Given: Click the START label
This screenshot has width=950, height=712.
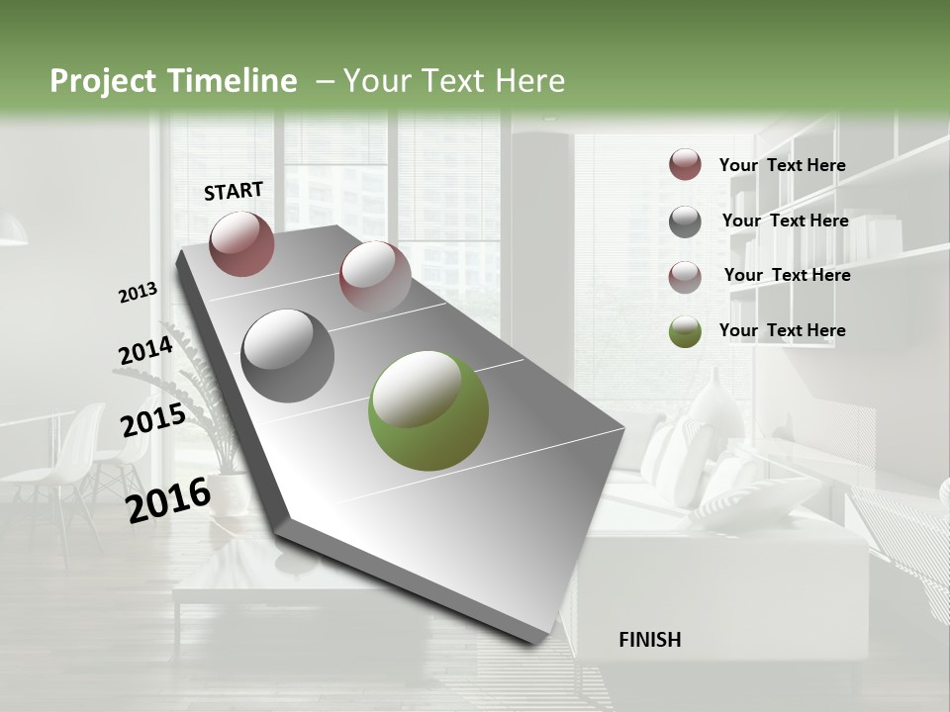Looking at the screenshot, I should (x=234, y=191).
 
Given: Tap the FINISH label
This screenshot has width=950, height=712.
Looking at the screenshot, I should (x=649, y=640).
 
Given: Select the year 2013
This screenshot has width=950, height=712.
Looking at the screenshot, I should (x=138, y=293).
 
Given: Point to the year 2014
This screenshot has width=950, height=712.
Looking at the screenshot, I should (x=145, y=351).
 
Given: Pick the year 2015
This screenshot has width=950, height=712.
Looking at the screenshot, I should (x=153, y=420).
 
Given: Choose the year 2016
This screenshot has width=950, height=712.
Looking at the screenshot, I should (x=168, y=499).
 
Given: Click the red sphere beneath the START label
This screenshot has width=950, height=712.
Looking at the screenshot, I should (x=241, y=243).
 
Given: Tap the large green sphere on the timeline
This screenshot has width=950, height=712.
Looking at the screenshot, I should (x=427, y=410).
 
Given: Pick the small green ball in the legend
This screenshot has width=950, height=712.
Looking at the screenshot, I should (x=685, y=331).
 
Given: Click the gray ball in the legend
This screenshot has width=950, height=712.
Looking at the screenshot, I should (x=685, y=222).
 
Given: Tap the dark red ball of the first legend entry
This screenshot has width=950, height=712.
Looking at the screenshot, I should (x=685, y=164).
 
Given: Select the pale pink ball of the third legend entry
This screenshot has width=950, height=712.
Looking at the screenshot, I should (x=685, y=277).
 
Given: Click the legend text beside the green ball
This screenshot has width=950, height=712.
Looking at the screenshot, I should (x=782, y=330).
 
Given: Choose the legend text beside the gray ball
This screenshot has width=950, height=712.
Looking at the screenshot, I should (x=785, y=221).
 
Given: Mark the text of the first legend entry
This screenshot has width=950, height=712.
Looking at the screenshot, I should (x=782, y=165).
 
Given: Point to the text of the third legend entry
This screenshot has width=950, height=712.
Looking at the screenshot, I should (x=787, y=275).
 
